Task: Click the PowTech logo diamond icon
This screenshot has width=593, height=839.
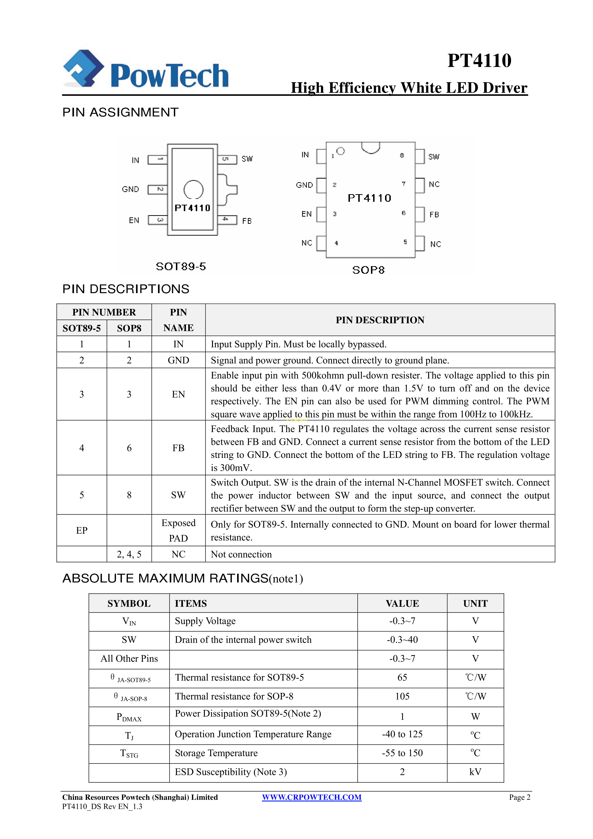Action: (83, 68)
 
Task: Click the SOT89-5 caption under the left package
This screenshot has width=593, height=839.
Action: (181, 266)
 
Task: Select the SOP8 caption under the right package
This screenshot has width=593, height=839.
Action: (368, 270)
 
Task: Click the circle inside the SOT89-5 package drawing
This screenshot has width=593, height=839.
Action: (193, 189)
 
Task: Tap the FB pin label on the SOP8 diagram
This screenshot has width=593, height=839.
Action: (434, 214)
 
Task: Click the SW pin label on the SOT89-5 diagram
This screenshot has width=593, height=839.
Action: (247, 159)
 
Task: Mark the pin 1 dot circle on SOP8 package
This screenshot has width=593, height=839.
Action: (341, 151)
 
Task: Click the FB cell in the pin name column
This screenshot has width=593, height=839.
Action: (178, 448)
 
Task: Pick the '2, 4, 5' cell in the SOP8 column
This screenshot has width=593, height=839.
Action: (129, 554)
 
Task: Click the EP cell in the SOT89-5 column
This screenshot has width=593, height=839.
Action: (82, 530)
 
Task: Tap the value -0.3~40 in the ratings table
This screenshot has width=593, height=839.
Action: (402, 640)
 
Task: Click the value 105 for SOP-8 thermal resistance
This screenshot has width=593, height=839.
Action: (402, 696)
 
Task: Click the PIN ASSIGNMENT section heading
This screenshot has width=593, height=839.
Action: (120, 112)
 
